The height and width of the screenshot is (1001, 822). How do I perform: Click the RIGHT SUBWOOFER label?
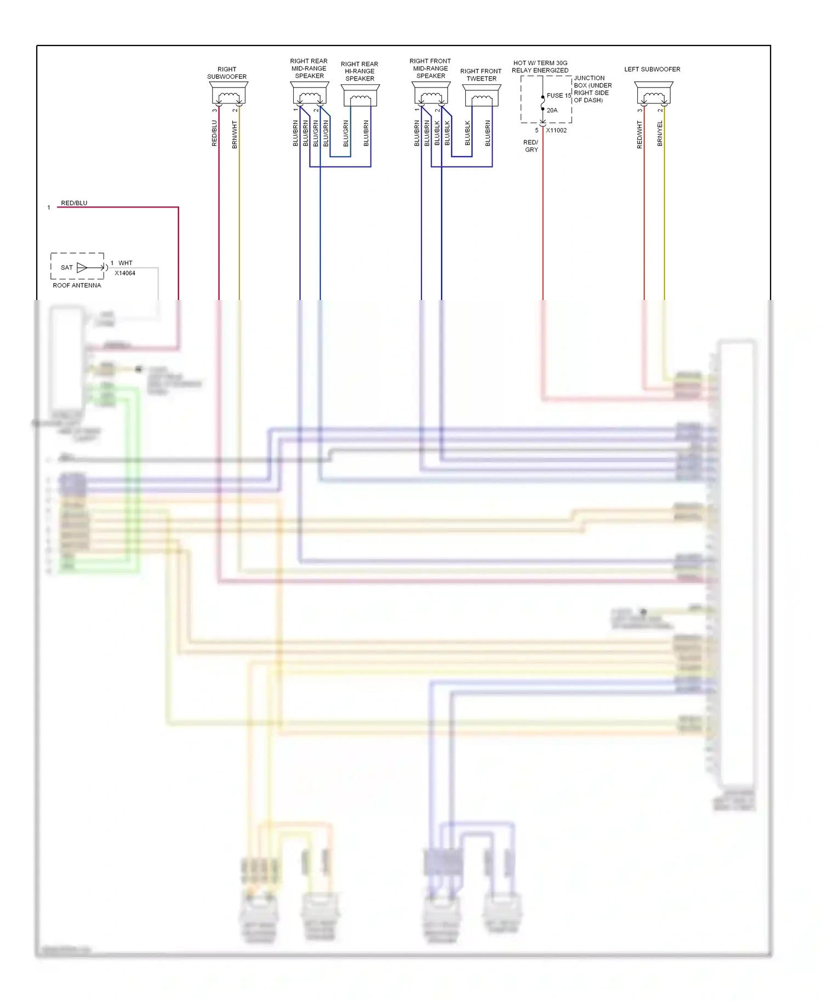pyautogui.click(x=227, y=73)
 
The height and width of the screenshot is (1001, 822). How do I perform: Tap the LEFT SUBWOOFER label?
pyautogui.click(x=652, y=70)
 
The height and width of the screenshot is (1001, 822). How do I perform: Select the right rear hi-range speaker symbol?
pyautogui.click(x=360, y=95)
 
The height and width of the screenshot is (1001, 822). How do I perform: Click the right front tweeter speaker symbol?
pyautogui.click(x=482, y=95)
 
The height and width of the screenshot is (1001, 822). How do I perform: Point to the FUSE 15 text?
pyautogui.click(x=559, y=96)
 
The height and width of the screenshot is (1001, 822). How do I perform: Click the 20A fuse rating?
pyautogui.click(x=552, y=111)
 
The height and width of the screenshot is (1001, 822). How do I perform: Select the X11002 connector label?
pyautogui.click(x=556, y=130)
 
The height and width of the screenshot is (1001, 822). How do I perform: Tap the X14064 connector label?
pyautogui.click(x=125, y=273)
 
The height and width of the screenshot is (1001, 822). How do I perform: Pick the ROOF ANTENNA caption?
pyautogui.click(x=77, y=285)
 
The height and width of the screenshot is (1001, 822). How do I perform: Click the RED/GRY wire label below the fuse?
pyautogui.click(x=531, y=146)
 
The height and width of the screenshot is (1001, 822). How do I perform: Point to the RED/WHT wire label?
pyautogui.click(x=640, y=135)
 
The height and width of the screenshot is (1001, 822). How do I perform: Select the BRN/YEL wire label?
pyautogui.click(x=660, y=134)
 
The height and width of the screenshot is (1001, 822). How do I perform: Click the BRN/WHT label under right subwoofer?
pyautogui.click(x=235, y=135)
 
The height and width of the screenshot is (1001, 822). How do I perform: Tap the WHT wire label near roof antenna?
pyautogui.click(x=125, y=263)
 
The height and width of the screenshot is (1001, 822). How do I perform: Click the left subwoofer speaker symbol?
pyautogui.click(x=654, y=94)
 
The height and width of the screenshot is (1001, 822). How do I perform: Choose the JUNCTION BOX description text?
pyautogui.click(x=592, y=89)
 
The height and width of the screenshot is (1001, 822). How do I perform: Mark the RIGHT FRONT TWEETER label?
pyautogui.click(x=481, y=75)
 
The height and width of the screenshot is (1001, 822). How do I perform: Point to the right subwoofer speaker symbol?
pyautogui.click(x=228, y=94)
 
